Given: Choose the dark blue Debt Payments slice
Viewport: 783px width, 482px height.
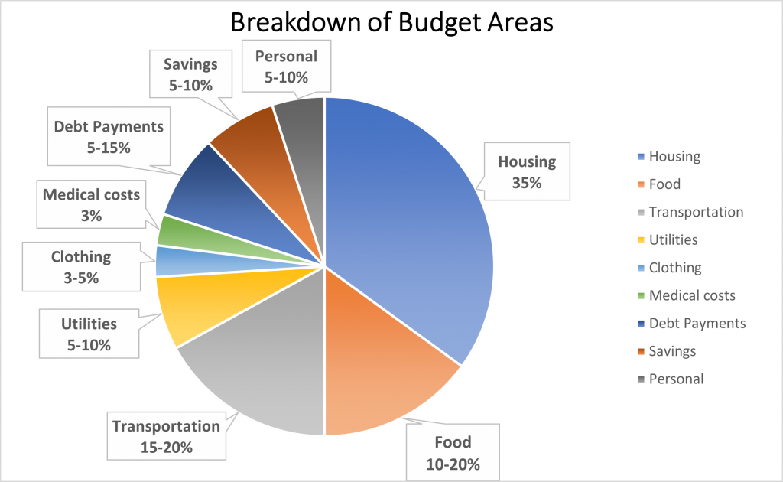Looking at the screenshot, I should click(x=206, y=187).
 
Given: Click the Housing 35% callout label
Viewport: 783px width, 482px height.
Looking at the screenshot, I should click(x=528, y=172).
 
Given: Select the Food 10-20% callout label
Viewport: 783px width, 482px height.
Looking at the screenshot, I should click(x=453, y=453).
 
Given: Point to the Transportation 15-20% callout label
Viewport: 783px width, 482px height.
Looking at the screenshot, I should click(x=166, y=436).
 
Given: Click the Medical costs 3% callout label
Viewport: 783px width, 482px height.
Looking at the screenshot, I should click(x=91, y=205).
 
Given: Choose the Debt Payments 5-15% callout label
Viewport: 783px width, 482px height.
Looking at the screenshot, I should click(x=109, y=137).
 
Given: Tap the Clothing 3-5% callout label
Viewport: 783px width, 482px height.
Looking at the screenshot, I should click(x=81, y=267).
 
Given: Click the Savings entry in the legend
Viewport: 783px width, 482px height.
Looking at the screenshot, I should click(x=671, y=351).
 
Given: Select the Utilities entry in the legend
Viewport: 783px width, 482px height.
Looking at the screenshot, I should click(x=672, y=240).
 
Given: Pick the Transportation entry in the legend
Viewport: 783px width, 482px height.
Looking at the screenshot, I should click(x=694, y=212).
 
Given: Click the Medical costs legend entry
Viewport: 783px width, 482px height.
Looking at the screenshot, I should click(x=690, y=295).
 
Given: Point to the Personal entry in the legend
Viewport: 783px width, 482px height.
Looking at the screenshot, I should click(x=675, y=379).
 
